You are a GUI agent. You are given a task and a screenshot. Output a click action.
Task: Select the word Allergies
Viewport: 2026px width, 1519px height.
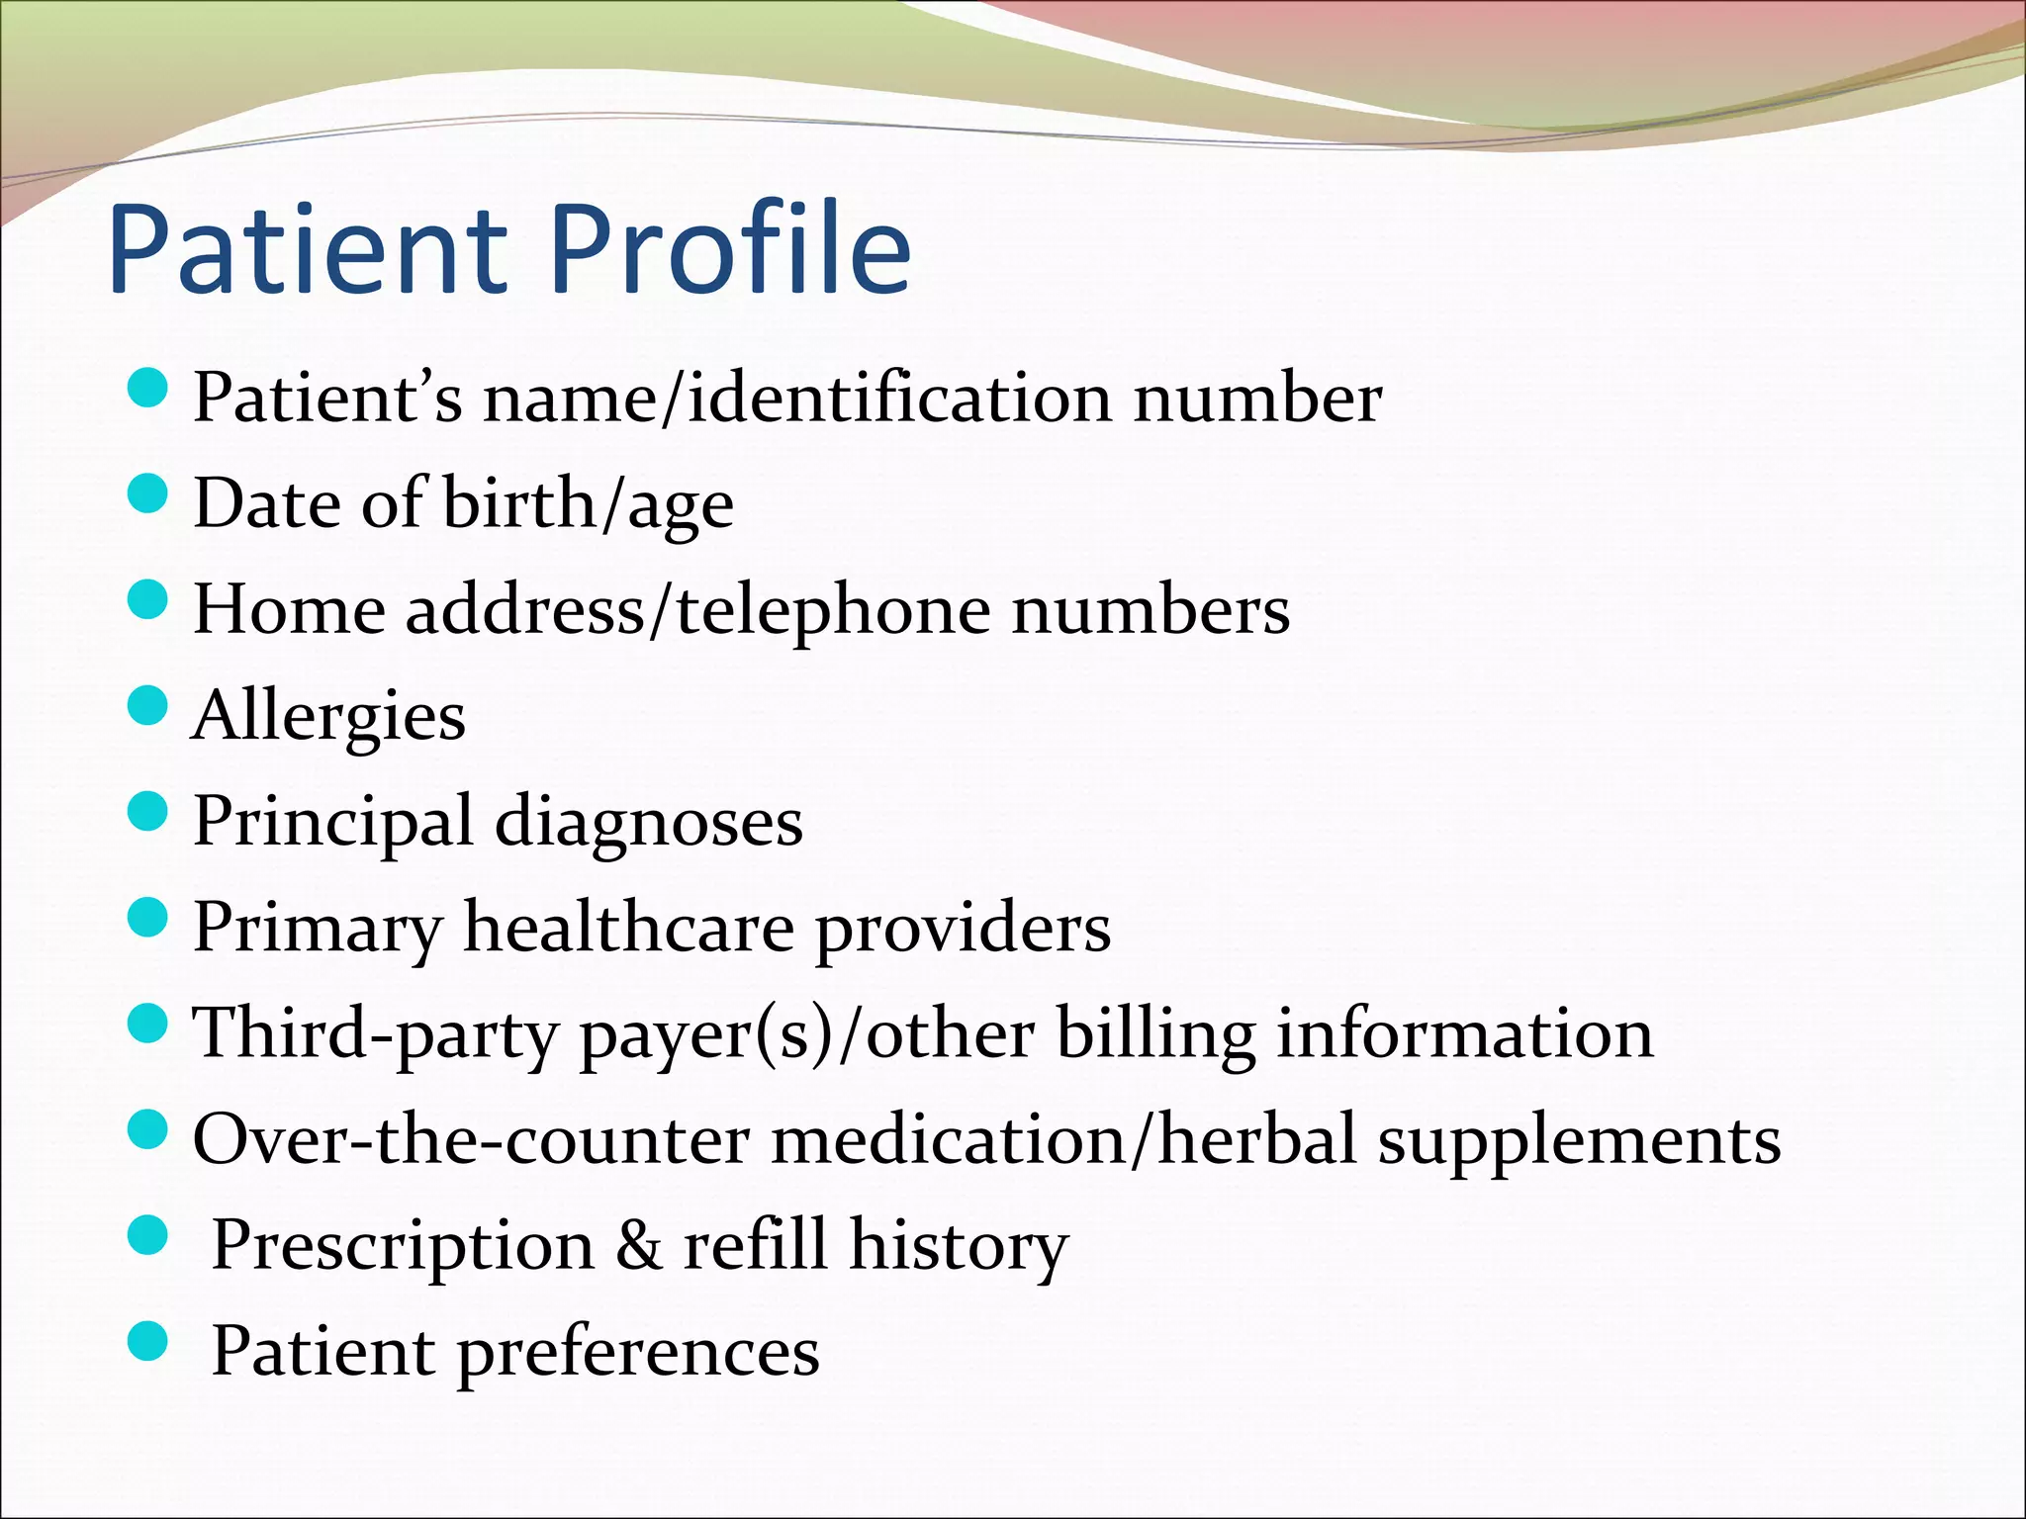coord(328,716)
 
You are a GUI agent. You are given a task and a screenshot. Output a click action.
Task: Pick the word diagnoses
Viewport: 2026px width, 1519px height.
coord(648,822)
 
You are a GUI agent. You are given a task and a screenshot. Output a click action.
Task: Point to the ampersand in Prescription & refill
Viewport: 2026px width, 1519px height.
coord(639,1245)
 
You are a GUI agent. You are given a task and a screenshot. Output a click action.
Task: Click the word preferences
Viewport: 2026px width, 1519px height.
coord(638,1352)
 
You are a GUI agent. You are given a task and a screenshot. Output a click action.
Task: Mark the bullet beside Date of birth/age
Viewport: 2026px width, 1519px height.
coord(149,493)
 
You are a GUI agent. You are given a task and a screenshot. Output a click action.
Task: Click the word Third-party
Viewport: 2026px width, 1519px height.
coord(376,1034)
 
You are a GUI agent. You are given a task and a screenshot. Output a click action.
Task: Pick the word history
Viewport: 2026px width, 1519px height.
coord(959,1245)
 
